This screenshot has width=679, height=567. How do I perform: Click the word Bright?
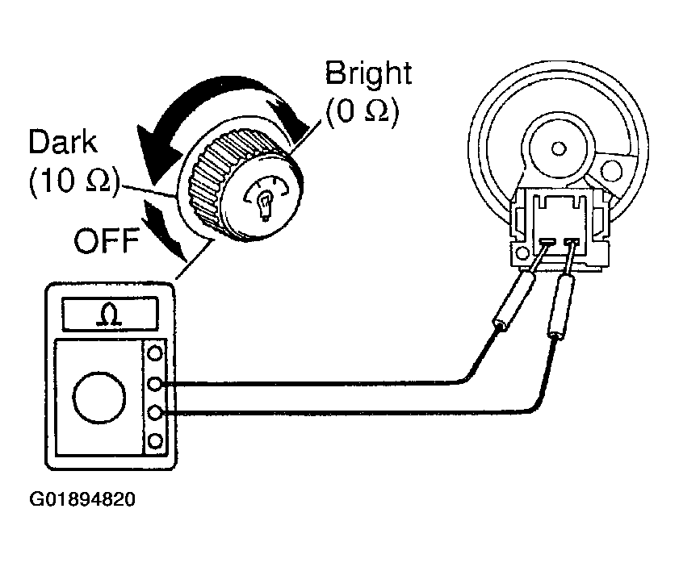coord(368,74)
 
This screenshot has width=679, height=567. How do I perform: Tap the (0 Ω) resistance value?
coord(362,111)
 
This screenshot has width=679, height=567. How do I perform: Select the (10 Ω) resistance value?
coord(73,181)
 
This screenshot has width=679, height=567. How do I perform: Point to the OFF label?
coord(107,240)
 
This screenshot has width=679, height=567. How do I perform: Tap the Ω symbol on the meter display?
coord(110,314)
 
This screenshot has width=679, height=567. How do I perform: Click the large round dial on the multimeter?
coord(99,398)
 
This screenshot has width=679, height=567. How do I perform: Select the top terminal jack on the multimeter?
coord(155,353)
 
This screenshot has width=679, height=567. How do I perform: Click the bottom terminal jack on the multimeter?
coord(155,441)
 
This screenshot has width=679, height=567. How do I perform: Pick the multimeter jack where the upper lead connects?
coord(155,383)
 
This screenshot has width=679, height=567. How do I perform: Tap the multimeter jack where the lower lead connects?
coord(155,413)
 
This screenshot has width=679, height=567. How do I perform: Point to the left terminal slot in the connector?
coord(548,240)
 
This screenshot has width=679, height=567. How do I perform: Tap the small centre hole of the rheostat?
coord(559,148)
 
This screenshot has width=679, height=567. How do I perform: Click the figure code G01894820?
coord(82,499)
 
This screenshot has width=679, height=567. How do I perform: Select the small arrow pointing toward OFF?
coord(166,231)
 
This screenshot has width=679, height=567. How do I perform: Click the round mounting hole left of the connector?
coord(523,252)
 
